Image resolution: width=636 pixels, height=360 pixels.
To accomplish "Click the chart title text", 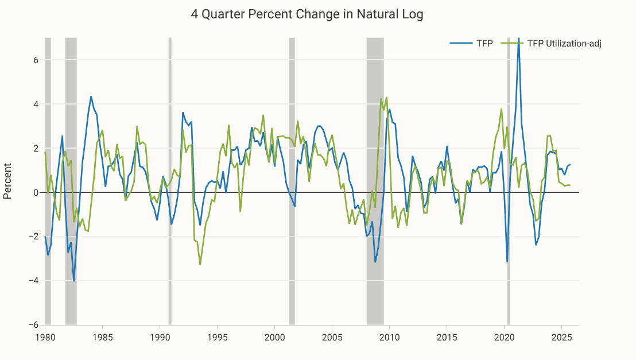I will click(x=307, y=14).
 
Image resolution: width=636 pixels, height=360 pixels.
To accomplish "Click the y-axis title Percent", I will click(x=8, y=181).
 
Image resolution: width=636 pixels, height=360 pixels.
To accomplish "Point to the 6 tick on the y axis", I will click(x=36, y=60).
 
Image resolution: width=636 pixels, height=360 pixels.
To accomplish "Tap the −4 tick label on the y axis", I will click(x=34, y=281).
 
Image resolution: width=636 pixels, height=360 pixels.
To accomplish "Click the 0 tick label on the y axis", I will click(x=36, y=192).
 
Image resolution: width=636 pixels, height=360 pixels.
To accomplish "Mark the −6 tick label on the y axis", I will click(x=34, y=325).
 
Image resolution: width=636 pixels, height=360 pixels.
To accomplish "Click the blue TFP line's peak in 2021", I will click(x=519, y=39).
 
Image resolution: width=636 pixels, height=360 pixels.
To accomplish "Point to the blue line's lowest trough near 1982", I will click(x=73, y=281).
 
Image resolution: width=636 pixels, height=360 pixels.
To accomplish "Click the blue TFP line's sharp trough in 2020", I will click(x=507, y=262).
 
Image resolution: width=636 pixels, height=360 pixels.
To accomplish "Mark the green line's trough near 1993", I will click(x=200, y=264).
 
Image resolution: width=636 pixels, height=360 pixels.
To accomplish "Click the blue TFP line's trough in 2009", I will click(x=375, y=262).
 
